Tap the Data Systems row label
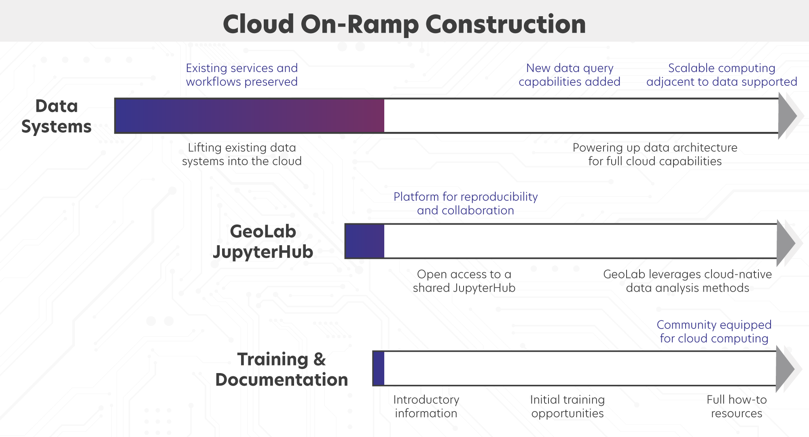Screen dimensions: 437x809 56,116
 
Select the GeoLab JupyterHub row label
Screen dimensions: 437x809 263,242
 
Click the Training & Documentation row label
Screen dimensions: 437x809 282,369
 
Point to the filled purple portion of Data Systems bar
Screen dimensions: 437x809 249,116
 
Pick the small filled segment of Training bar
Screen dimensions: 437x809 379,369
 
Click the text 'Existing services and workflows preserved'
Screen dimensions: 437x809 241,75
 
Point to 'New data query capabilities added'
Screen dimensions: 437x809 570,75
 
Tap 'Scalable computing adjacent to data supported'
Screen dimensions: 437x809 722,75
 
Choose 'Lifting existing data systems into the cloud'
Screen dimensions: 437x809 241,154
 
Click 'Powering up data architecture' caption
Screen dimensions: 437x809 655,154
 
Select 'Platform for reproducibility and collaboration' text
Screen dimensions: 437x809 466,204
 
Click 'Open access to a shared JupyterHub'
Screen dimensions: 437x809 464,281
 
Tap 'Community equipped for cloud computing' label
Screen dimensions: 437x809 714,331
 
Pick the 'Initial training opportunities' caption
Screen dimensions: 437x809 568,406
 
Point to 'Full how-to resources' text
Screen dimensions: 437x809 737,406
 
